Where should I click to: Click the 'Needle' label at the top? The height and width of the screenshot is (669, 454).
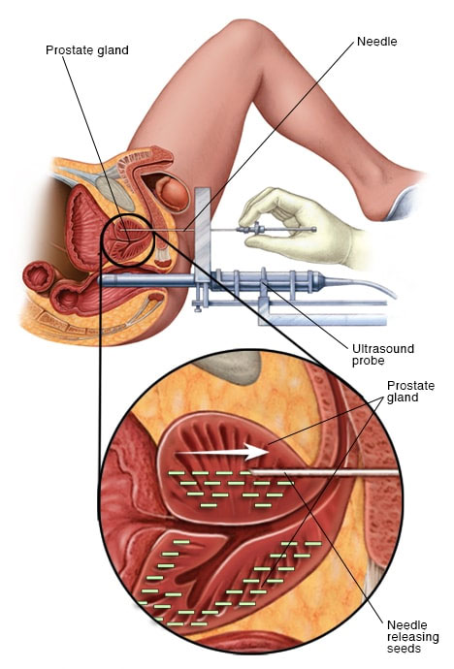[x=376, y=42]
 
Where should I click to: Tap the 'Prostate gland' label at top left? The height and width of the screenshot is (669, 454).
[x=87, y=50]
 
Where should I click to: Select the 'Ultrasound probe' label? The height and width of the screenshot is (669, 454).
[x=383, y=355]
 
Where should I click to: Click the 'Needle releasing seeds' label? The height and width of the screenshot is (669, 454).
[x=412, y=637]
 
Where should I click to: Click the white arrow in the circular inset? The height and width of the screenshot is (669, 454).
[x=222, y=452]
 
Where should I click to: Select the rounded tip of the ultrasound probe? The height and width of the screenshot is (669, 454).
[x=103, y=280]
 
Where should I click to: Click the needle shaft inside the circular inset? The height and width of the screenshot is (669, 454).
[x=324, y=472]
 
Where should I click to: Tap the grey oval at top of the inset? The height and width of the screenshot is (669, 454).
[x=231, y=366]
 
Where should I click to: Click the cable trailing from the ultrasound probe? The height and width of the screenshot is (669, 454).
[x=363, y=285]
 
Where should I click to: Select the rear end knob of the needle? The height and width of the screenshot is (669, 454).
[x=314, y=230]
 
